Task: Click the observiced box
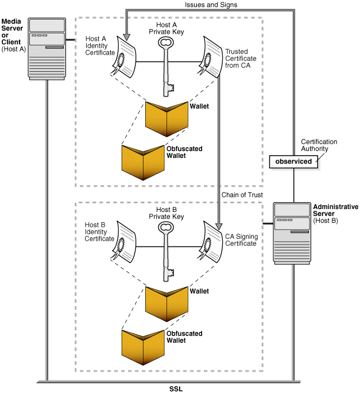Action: pos(293,161)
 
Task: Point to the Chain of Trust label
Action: pos(242,195)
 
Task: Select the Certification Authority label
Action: pos(319,145)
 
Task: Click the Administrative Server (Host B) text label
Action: pos(335,213)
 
